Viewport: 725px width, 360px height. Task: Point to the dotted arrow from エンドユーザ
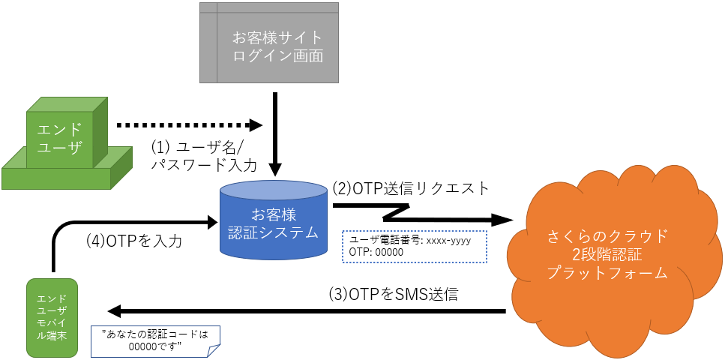tap(187, 124)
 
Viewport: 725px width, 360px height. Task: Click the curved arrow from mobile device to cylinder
tap(112, 223)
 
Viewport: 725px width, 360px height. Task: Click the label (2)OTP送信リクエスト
tap(415, 187)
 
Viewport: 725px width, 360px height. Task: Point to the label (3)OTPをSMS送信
tap(393, 294)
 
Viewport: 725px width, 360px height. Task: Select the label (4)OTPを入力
tap(134, 242)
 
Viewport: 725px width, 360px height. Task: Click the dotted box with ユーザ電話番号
tap(414, 246)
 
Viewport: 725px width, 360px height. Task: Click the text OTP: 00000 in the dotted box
tap(376, 253)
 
